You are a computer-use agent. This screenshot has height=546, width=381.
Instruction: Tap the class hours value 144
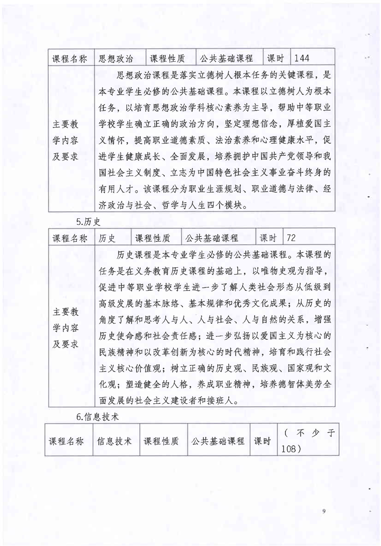pyautogui.click(x=301, y=59)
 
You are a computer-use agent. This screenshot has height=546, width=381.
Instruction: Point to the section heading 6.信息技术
pyautogui.click(x=98, y=417)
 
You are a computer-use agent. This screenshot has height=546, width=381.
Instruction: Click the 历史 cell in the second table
pyautogui.click(x=107, y=238)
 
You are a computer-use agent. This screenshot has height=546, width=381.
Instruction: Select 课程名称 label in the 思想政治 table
pyautogui.click(x=70, y=59)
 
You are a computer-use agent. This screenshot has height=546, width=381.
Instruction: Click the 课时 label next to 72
pyautogui.click(x=268, y=238)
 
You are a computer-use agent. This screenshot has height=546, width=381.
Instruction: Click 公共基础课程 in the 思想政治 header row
pyautogui.click(x=228, y=59)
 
